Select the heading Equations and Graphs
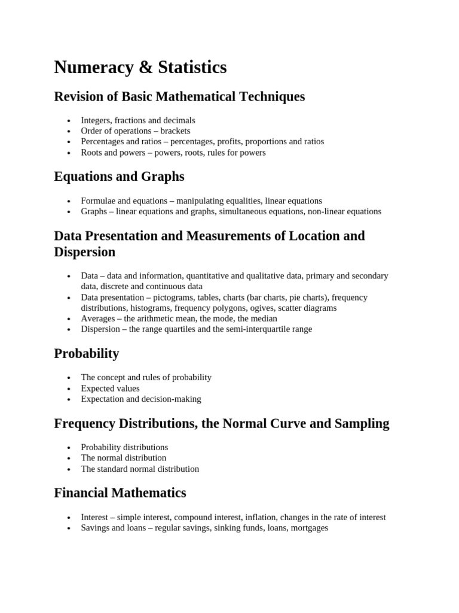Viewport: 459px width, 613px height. pos(119,177)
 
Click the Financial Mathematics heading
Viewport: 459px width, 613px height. pos(120,493)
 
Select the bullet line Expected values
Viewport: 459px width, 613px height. pos(110,389)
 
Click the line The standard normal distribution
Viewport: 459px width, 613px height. pos(140,469)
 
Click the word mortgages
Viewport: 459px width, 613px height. pos(309,528)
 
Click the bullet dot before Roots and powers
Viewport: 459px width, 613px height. pos(70,153)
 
